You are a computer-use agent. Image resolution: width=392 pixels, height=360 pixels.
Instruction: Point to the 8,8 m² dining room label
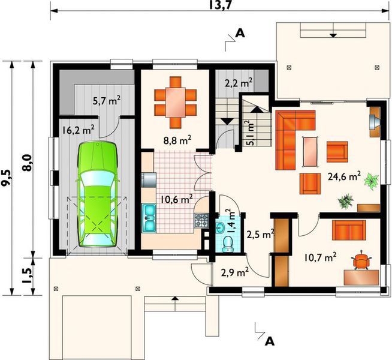coord(177,140)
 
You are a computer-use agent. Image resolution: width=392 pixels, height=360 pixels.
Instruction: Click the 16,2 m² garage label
coord(78,128)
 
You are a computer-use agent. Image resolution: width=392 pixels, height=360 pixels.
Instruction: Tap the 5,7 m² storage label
coord(106,102)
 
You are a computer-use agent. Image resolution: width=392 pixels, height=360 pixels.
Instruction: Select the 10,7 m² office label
coord(320,257)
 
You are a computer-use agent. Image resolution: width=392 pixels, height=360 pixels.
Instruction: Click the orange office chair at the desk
coord(361,260)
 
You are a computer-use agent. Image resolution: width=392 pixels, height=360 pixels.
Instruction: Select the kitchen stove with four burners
coord(201,220)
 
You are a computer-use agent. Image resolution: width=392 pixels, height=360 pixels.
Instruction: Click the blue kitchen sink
coord(149,218)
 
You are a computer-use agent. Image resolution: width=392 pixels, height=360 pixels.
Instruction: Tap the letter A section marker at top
coord(240,34)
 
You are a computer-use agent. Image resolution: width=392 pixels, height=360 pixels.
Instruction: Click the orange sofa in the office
coord(349,229)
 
